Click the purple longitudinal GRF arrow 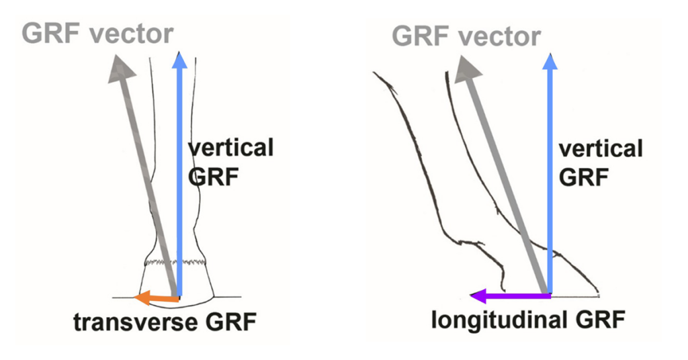click(x=510, y=295)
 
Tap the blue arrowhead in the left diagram click(x=179, y=59)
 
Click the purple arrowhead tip click(x=471, y=295)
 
